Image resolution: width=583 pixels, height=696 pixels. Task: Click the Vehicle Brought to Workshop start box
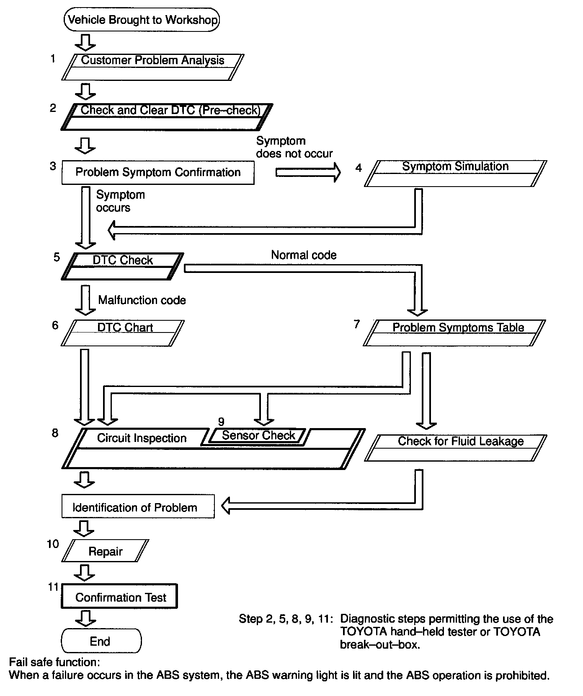pos(142,20)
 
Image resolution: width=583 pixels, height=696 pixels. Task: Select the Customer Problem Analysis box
pos(152,67)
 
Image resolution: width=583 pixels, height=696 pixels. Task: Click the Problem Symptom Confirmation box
pos(158,172)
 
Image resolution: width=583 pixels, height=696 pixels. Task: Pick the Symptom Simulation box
pos(455,173)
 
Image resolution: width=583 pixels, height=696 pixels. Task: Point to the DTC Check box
pos(123,266)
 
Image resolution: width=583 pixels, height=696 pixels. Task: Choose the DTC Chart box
pos(123,333)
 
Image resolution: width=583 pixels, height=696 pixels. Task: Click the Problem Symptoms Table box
pos(455,333)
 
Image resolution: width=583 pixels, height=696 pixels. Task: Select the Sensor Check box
pos(258,436)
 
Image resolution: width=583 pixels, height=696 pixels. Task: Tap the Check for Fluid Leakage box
pos(456,447)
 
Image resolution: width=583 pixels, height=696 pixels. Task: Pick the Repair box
pos(105,551)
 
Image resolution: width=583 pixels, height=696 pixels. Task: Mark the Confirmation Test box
pos(120,596)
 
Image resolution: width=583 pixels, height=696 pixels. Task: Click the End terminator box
pos(101,640)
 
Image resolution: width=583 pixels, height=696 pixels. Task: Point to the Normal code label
pos(304,255)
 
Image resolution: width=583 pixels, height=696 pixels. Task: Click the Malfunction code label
pos(142,300)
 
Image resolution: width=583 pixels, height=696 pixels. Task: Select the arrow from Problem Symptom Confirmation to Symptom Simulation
pos(308,172)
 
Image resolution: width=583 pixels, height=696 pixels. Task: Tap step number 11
pos(53,587)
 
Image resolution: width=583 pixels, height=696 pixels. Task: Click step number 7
pos(357,324)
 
